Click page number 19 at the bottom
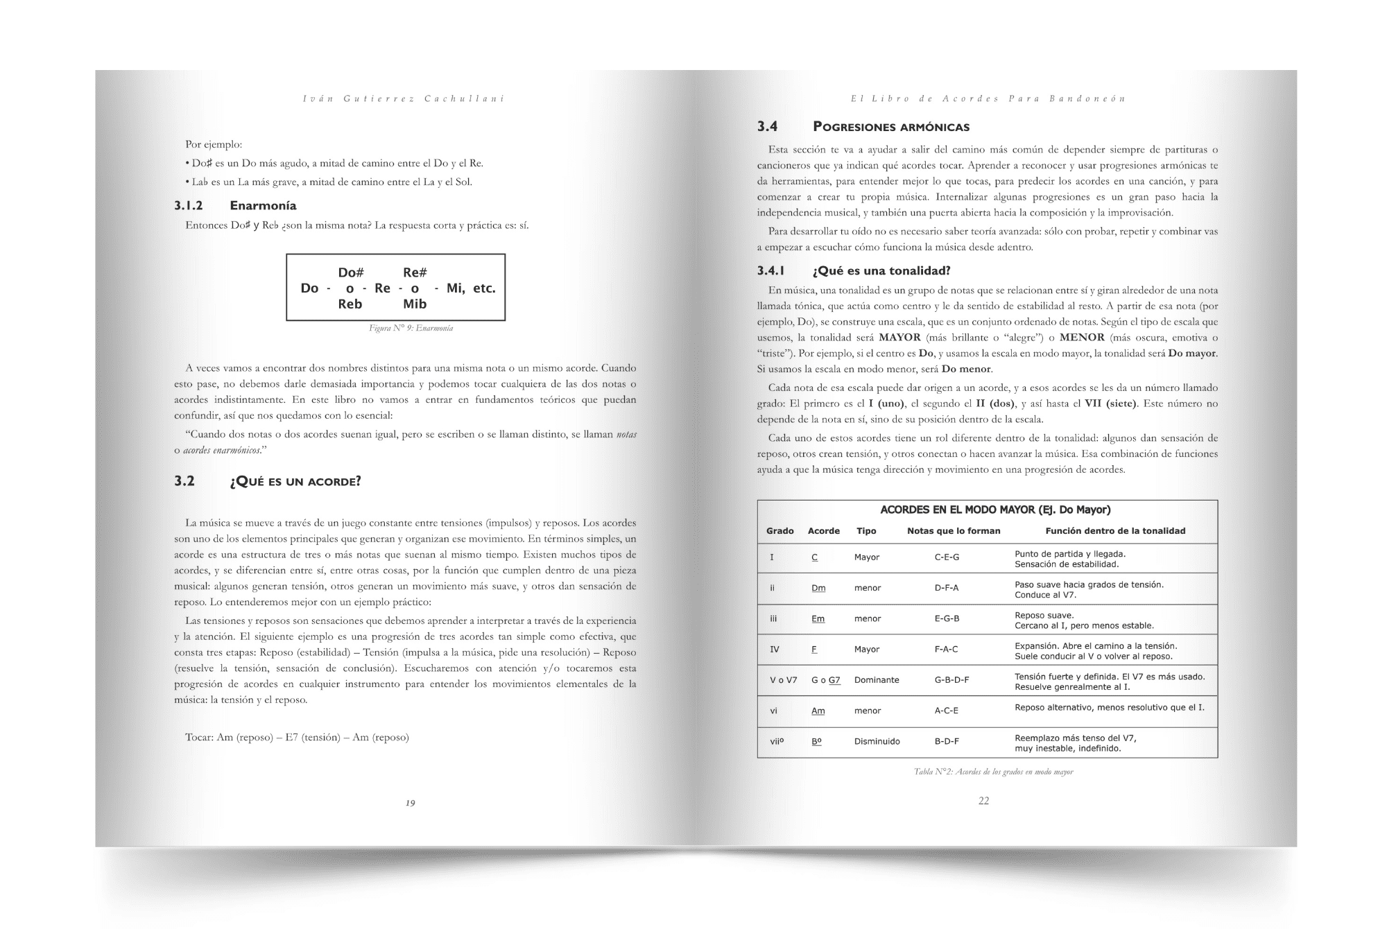coord(410,803)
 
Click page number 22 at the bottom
coord(983,801)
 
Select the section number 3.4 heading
coord(767,126)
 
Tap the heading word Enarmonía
coord(263,205)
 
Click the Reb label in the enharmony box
coord(350,304)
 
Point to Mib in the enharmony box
coord(415,304)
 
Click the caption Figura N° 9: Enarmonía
coord(411,328)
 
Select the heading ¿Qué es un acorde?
coord(295,481)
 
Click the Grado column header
coord(779,531)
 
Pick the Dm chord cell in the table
coord(818,588)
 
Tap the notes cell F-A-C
coord(946,650)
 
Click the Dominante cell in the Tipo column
coord(877,680)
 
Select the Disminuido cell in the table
coord(877,741)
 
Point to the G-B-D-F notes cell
coord(951,680)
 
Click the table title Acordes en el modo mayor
coord(995,510)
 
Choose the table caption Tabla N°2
coord(993,772)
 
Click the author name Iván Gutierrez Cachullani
coord(404,98)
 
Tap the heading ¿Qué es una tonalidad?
coord(881,270)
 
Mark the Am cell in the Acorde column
coord(818,711)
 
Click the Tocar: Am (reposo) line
coord(297,737)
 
